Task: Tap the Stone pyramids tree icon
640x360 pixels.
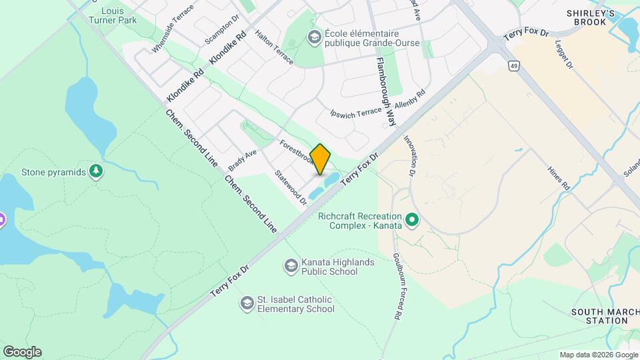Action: tap(97, 172)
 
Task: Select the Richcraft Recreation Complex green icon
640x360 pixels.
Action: tap(412, 219)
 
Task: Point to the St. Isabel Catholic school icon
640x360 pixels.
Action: tap(247, 304)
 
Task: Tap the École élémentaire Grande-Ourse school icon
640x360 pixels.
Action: tap(313, 37)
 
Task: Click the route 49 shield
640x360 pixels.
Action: tap(513, 66)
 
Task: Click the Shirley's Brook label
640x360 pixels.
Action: tap(586, 17)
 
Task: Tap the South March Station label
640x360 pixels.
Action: tap(599, 316)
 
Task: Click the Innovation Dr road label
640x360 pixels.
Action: tap(409, 156)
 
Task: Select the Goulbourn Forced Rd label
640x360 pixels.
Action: tap(397, 287)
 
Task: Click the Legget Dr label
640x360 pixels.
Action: tap(563, 55)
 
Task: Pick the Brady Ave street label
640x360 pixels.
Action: tap(242, 159)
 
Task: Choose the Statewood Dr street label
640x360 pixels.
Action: tap(291, 187)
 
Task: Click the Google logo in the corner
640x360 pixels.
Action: tap(22, 352)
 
